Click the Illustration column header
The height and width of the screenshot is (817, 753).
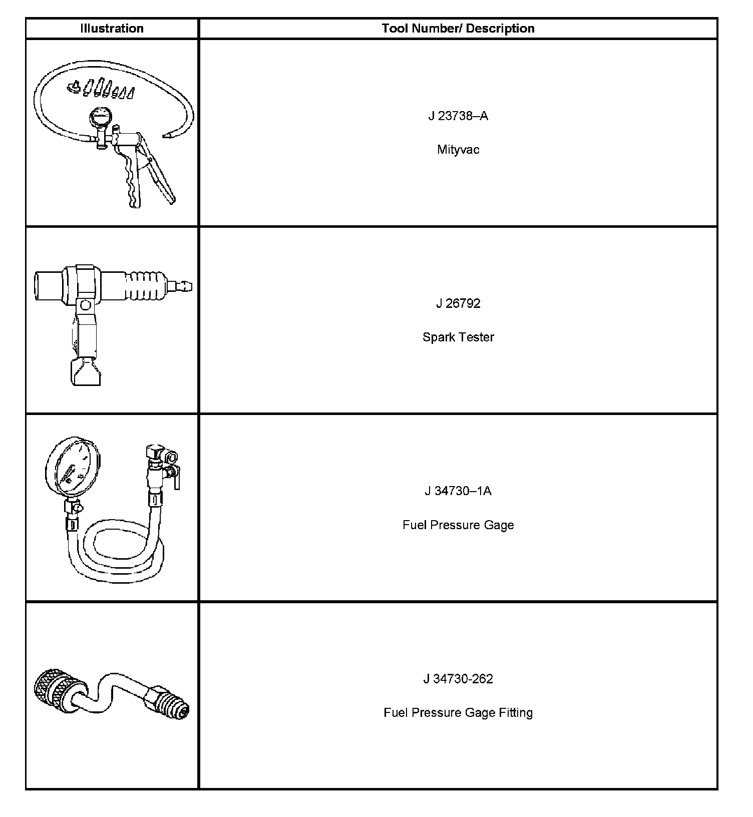(112, 29)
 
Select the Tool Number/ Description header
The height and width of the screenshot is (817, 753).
(458, 29)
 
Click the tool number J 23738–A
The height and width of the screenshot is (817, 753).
(458, 116)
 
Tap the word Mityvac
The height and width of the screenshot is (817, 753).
(458, 150)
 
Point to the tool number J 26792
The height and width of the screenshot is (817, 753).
(458, 304)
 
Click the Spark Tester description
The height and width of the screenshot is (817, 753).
(458, 337)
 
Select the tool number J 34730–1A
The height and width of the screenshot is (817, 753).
(458, 491)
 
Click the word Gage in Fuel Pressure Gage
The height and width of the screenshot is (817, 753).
(499, 525)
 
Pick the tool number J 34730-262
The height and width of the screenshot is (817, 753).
(458, 679)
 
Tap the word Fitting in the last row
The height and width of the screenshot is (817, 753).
(515, 712)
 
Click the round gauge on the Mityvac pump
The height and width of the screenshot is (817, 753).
(99, 118)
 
